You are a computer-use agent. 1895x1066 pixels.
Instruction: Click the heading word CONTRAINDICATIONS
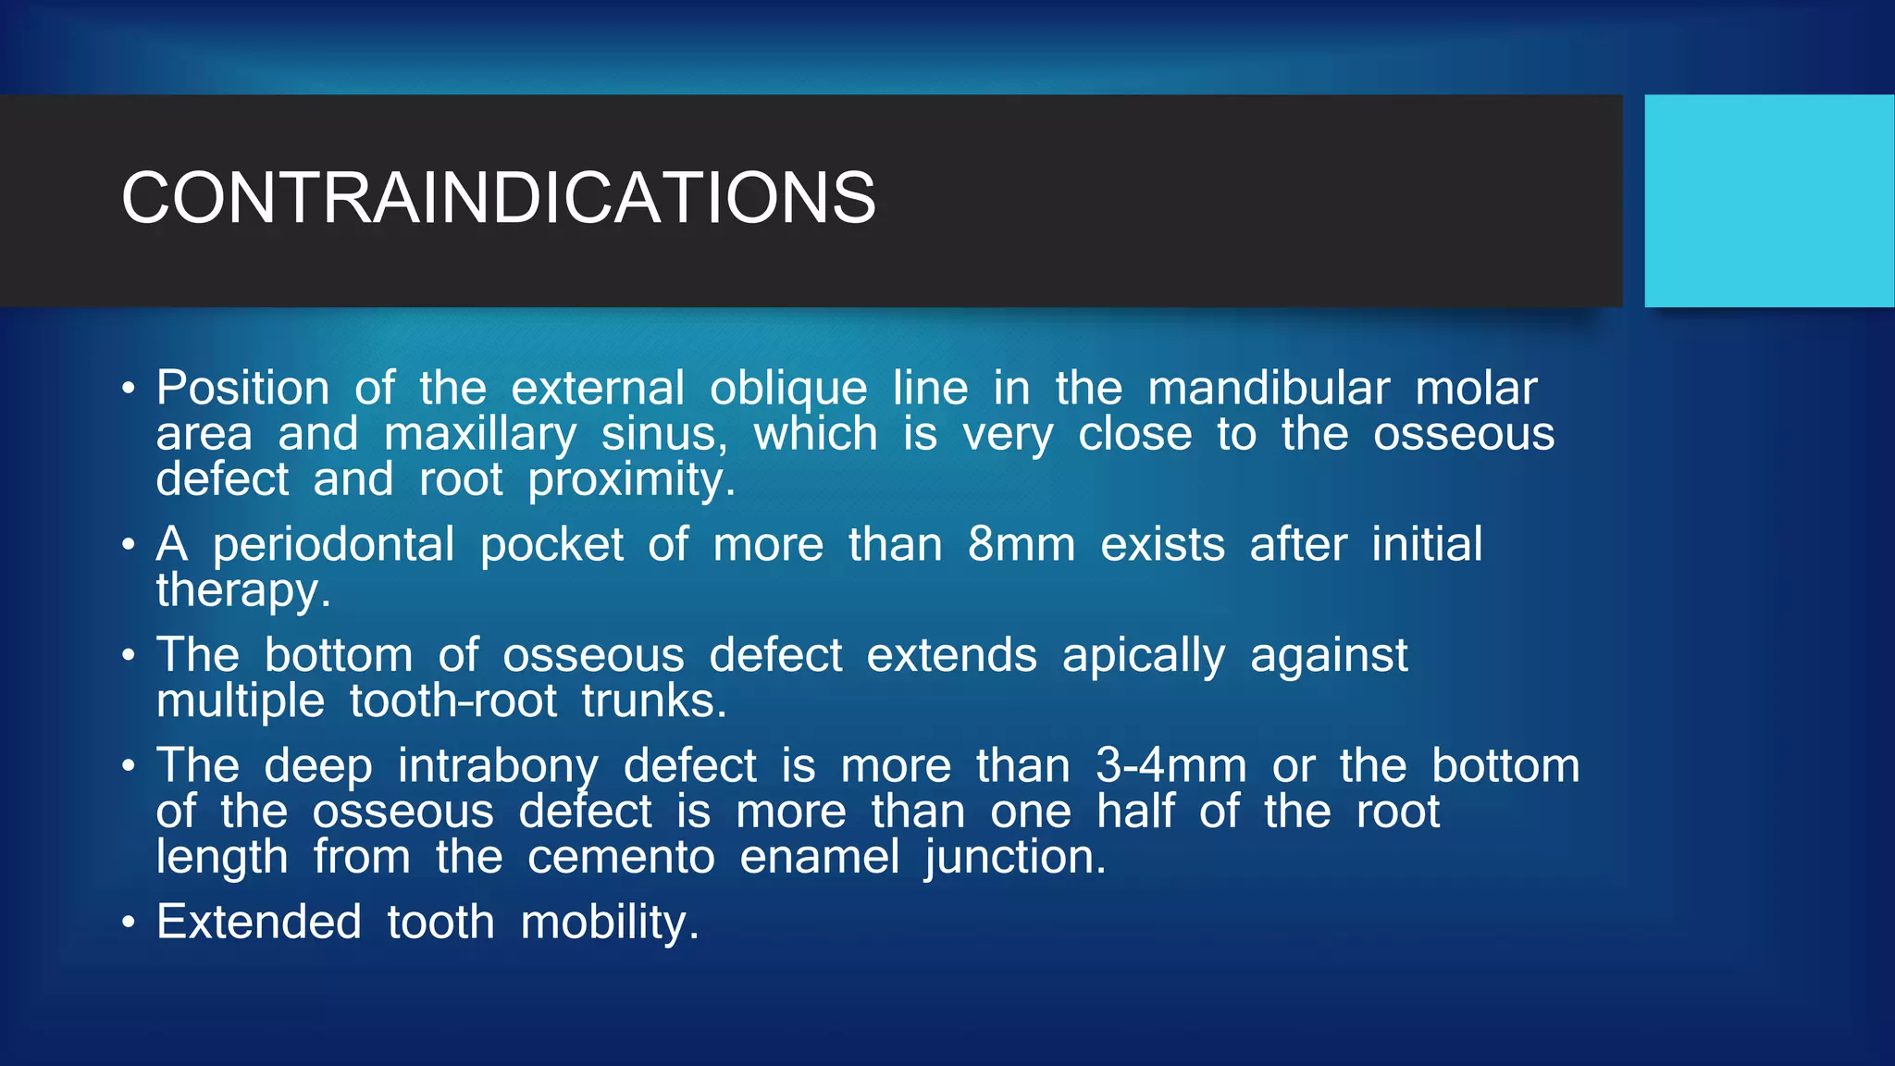point(498,198)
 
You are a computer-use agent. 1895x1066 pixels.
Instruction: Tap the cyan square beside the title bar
point(1768,201)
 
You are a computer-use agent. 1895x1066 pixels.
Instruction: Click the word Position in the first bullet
point(242,388)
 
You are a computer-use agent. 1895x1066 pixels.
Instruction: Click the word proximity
point(631,480)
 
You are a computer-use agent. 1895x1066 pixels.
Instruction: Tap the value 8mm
point(1021,544)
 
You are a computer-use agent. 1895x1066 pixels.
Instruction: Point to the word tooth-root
point(452,701)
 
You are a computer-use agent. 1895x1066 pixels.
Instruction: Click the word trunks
point(653,701)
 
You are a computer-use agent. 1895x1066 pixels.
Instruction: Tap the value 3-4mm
point(1170,766)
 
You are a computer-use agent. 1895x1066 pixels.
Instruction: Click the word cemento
point(621,857)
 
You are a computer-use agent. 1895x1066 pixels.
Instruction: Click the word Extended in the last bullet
point(259,922)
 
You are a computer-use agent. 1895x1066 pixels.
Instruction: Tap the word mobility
point(609,923)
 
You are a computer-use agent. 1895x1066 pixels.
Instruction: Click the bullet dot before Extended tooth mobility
point(129,923)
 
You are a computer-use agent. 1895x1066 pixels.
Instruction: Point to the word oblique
point(788,389)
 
